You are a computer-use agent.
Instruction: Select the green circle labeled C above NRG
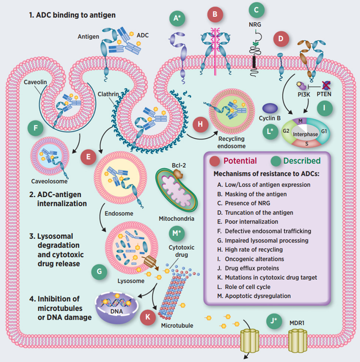(x=256, y=10)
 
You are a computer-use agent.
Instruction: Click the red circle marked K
(x=148, y=317)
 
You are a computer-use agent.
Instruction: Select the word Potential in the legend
(x=240, y=161)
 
